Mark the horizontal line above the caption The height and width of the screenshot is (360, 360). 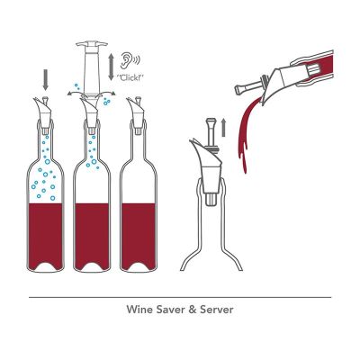tap(180, 297)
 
